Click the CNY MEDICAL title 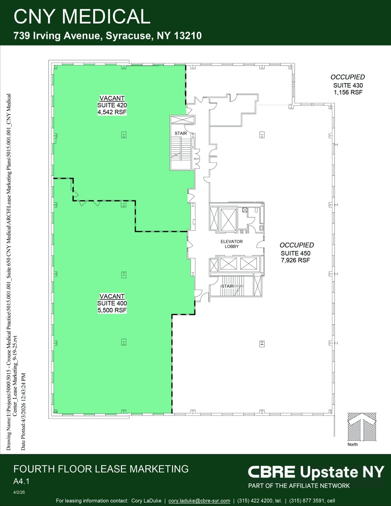[x=82, y=16]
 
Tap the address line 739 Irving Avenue [x=108, y=36]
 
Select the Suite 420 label [x=112, y=105]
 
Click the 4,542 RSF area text [x=112, y=112]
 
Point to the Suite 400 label [x=112, y=303]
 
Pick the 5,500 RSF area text [x=112, y=310]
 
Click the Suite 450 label [x=296, y=253]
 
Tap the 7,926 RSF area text [x=296, y=260]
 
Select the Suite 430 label [x=348, y=85]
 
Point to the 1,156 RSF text [x=348, y=92]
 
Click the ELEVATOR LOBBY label [x=232, y=244]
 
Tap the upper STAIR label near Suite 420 [x=181, y=133]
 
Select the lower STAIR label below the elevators [x=227, y=286]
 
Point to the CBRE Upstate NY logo [x=316, y=471]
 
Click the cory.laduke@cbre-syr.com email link [x=199, y=501]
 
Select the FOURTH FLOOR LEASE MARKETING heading [x=101, y=468]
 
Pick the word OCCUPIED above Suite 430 [x=348, y=77]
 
